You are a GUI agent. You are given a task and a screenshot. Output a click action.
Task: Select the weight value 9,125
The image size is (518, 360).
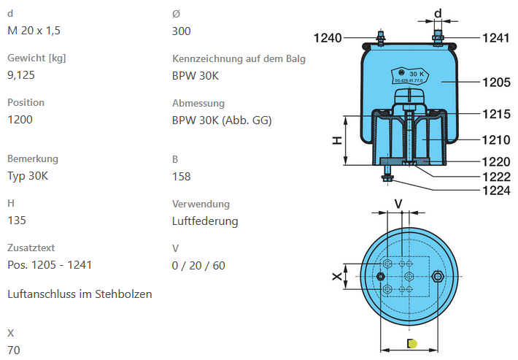click(x=21, y=74)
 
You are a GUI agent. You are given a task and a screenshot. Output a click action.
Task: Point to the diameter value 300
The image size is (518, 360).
click(x=182, y=31)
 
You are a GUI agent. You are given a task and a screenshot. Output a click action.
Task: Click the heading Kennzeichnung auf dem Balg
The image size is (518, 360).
click(x=239, y=58)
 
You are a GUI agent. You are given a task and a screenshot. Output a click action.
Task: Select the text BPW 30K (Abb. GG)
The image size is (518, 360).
click(x=221, y=120)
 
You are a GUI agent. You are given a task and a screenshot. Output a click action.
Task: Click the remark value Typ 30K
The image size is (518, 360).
click(x=28, y=175)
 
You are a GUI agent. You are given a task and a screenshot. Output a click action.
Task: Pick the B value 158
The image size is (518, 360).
click(x=182, y=176)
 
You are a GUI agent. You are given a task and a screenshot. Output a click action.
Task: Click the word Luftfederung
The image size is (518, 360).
click(x=205, y=221)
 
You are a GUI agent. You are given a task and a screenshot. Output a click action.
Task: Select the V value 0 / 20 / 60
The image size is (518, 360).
click(x=198, y=265)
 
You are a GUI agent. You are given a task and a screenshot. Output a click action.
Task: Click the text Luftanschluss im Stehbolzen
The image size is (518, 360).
click(x=79, y=294)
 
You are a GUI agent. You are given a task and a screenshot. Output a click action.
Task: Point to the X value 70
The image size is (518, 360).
click(x=14, y=350)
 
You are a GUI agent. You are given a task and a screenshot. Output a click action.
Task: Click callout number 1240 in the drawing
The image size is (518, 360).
click(x=328, y=38)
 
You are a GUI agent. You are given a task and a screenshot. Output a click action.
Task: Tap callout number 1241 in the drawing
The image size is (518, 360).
click(x=495, y=38)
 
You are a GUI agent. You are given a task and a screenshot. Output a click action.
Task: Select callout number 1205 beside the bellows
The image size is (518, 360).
click(x=495, y=83)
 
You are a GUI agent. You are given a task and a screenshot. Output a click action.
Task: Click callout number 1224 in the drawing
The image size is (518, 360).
click(x=495, y=191)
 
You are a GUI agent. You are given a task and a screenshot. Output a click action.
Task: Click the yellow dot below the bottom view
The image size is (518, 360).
click(x=412, y=344)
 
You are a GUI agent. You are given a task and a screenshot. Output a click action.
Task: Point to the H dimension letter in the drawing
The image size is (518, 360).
click(x=338, y=139)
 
